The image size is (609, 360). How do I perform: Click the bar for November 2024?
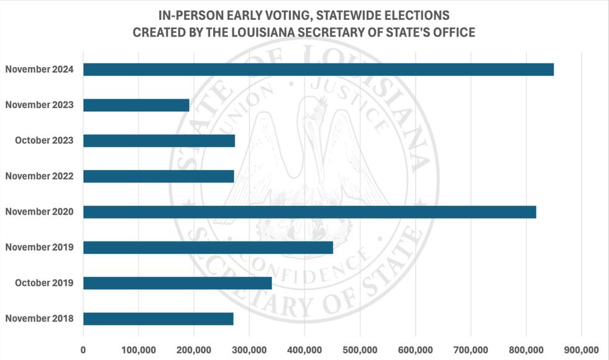coord(318,70)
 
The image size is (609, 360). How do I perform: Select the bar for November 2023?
coord(136,105)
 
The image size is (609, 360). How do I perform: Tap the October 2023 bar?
coord(159,141)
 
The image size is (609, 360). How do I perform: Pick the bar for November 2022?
coord(158,176)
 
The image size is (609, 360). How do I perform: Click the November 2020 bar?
coord(309,212)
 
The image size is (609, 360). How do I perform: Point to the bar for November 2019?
coord(208,248)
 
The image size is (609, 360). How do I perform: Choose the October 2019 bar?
coord(178,283)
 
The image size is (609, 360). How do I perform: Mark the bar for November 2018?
coord(158,319)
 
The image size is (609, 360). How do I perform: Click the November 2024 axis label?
coord(40,70)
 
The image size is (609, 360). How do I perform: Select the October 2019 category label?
coord(43,283)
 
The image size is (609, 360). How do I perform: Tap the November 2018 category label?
coord(40,319)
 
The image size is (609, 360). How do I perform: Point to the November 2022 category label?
coord(40,176)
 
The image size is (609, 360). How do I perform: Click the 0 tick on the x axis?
coord(83,349)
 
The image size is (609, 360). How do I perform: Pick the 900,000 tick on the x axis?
coord(581,349)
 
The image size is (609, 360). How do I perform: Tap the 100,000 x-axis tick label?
coord(139,349)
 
